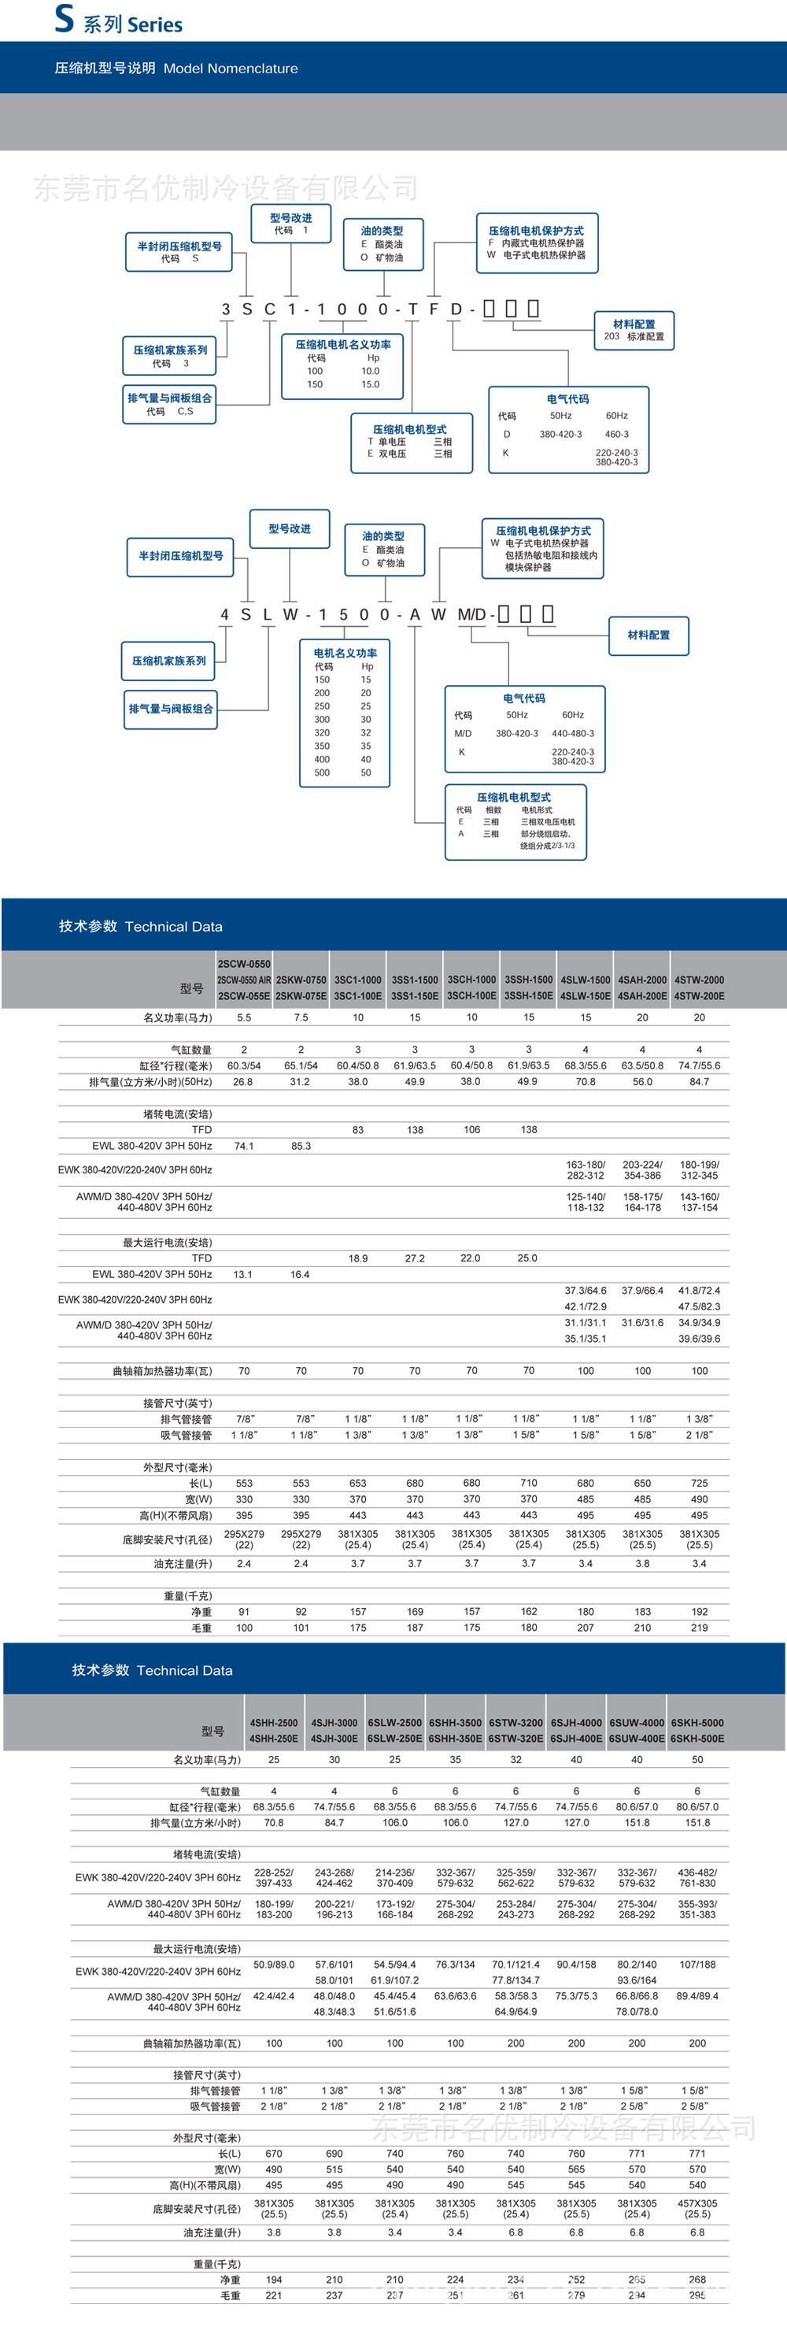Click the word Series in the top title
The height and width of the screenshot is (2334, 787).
155,24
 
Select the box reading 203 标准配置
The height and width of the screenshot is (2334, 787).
634,330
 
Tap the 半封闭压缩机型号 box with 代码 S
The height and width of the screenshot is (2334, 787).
179,252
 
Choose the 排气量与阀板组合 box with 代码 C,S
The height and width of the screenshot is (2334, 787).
170,404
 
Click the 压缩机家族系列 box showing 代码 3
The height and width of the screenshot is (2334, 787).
170,356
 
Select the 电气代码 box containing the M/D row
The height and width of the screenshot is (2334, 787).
524,729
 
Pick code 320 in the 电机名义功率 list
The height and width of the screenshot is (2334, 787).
323,733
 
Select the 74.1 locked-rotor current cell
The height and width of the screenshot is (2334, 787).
244,1147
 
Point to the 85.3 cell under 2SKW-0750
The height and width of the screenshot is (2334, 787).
301,1147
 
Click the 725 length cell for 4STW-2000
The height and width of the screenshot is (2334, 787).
699,1484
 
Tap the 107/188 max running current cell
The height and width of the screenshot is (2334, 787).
697,1965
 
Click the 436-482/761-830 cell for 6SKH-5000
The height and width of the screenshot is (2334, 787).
697,1877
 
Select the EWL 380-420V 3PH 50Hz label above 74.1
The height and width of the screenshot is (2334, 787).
152,1147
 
